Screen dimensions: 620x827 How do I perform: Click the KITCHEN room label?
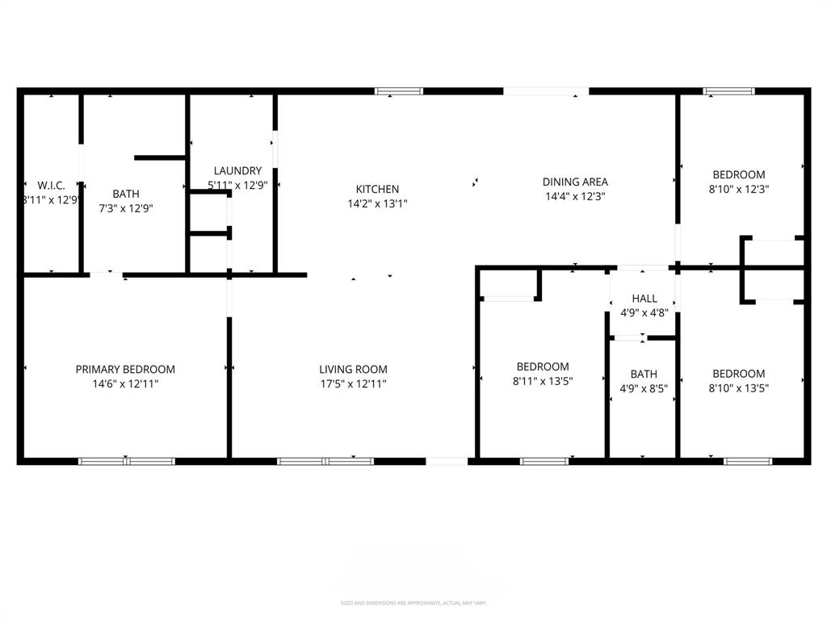click(377, 189)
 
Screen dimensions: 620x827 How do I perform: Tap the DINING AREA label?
click(575, 182)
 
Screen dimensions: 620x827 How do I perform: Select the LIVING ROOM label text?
click(352, 369)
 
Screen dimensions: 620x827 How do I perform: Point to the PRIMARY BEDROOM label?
click(125, 369)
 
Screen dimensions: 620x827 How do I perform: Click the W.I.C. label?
click(51, 185)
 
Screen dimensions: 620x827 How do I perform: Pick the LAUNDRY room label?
click(237, 170)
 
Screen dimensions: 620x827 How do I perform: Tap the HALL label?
click(644, 298)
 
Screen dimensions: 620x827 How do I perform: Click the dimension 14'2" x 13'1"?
click(377, 204)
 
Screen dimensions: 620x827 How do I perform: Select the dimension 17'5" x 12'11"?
click(352, 384)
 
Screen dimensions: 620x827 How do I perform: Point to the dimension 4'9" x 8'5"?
click(644, 388)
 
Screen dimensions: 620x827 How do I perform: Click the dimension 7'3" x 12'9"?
click(125, 208)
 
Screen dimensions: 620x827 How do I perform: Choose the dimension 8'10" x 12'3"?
click(738, 189)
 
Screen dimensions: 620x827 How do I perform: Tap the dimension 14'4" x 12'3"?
click(575, 196)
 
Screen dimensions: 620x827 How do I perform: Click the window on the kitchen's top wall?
click(399, 91)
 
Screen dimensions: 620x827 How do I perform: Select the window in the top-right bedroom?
click(729, 91)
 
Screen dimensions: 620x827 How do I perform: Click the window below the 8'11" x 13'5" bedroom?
click(544, 462)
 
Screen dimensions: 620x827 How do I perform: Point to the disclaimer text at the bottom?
click(413, 603)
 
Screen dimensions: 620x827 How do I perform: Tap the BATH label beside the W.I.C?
click(125, 194)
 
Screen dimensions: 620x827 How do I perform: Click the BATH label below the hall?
click(644, 374)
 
